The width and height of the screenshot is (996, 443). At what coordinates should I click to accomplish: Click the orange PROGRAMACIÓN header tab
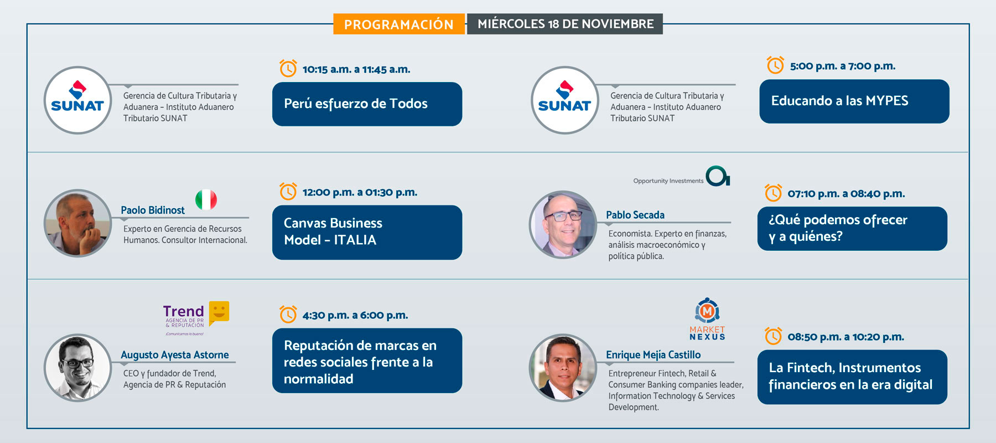pyautogui.click(x=399, y=24)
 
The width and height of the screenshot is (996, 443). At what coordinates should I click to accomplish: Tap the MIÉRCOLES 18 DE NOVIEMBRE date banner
pyautogui.click(x=565, y=24)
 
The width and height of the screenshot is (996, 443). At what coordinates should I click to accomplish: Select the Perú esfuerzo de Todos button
pyautogui.click(x=367, y=104)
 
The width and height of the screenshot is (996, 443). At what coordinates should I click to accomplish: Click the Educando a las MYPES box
pyautogui.click(x=854, y=101)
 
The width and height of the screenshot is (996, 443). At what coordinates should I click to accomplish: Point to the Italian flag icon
pyautogui.click(x=206, y=199)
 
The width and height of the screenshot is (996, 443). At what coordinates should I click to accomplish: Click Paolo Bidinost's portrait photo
pyautogui.click(x=77, y=223)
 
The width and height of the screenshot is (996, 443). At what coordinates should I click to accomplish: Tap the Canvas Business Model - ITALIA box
pyautogui.click(x=367, y=232)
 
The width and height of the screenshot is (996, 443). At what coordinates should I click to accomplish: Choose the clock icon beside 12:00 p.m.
pyautogui.click(x=288, y=192)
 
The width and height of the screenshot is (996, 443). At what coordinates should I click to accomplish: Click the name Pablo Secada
pyautogui.click(x=635, y=215)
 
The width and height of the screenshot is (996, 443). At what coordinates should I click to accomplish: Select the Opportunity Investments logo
pyautogui.click(x=682, y=176)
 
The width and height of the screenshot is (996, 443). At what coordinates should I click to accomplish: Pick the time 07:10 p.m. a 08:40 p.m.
pyautogui.click(x=846, y=194)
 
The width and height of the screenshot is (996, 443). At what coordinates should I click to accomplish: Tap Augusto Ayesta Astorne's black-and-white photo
pyautogui.click(x=77, y=368)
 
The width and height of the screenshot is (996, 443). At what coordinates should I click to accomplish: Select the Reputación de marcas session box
pyautogui.click(x=367, y=360)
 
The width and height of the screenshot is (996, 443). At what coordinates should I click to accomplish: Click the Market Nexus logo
pyautogui.click(x=707, y=320)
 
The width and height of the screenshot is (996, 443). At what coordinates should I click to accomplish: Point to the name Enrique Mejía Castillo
pyautogui.click(x=653, y=355)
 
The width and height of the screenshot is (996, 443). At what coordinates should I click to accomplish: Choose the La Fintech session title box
pyautogui.click(x=852, y=377)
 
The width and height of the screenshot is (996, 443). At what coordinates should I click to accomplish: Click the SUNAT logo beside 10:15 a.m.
pyautogui.click(x=77, y=100)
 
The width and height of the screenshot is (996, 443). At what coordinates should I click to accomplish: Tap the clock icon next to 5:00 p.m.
pyautogui.click(x=775, y=65)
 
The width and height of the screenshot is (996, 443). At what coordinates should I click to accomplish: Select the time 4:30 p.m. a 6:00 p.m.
pyautogui.click(x=355, y=315)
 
